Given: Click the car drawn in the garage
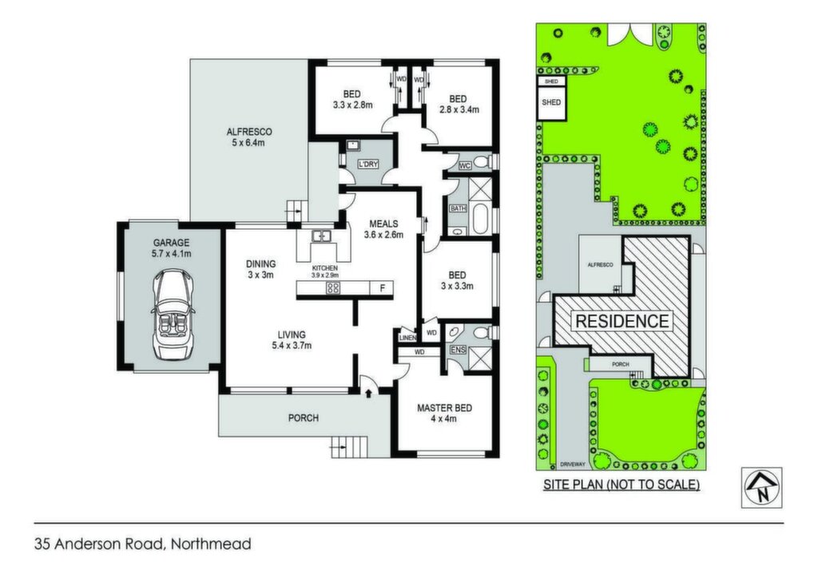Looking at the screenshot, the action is coord(173,315).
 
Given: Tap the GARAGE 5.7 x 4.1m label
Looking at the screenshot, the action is coord(172,248).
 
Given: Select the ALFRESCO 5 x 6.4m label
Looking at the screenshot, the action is coord(249,137).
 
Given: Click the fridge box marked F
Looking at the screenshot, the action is coord(382,287).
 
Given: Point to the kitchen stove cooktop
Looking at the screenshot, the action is coord(333,287).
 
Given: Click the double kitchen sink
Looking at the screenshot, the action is coord(321,236).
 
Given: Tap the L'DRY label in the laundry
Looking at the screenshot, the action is coord(367,164).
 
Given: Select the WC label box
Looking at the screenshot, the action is coord(464,166).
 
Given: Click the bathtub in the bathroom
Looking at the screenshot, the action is coord(479,219).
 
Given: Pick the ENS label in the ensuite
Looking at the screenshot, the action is coord(458,350).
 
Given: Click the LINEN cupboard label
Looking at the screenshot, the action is coord(407,338).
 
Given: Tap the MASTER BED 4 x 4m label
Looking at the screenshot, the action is coord(444,413).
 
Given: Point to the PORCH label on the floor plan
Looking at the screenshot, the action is coord(303,418).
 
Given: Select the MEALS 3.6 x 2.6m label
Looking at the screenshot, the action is coord(383,229).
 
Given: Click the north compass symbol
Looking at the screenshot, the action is coord(761,488).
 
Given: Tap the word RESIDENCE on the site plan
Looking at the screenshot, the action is coord(621,321).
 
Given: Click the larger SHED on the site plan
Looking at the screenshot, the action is coord(551,103).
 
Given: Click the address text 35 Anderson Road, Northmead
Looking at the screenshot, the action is coord(143,544).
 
